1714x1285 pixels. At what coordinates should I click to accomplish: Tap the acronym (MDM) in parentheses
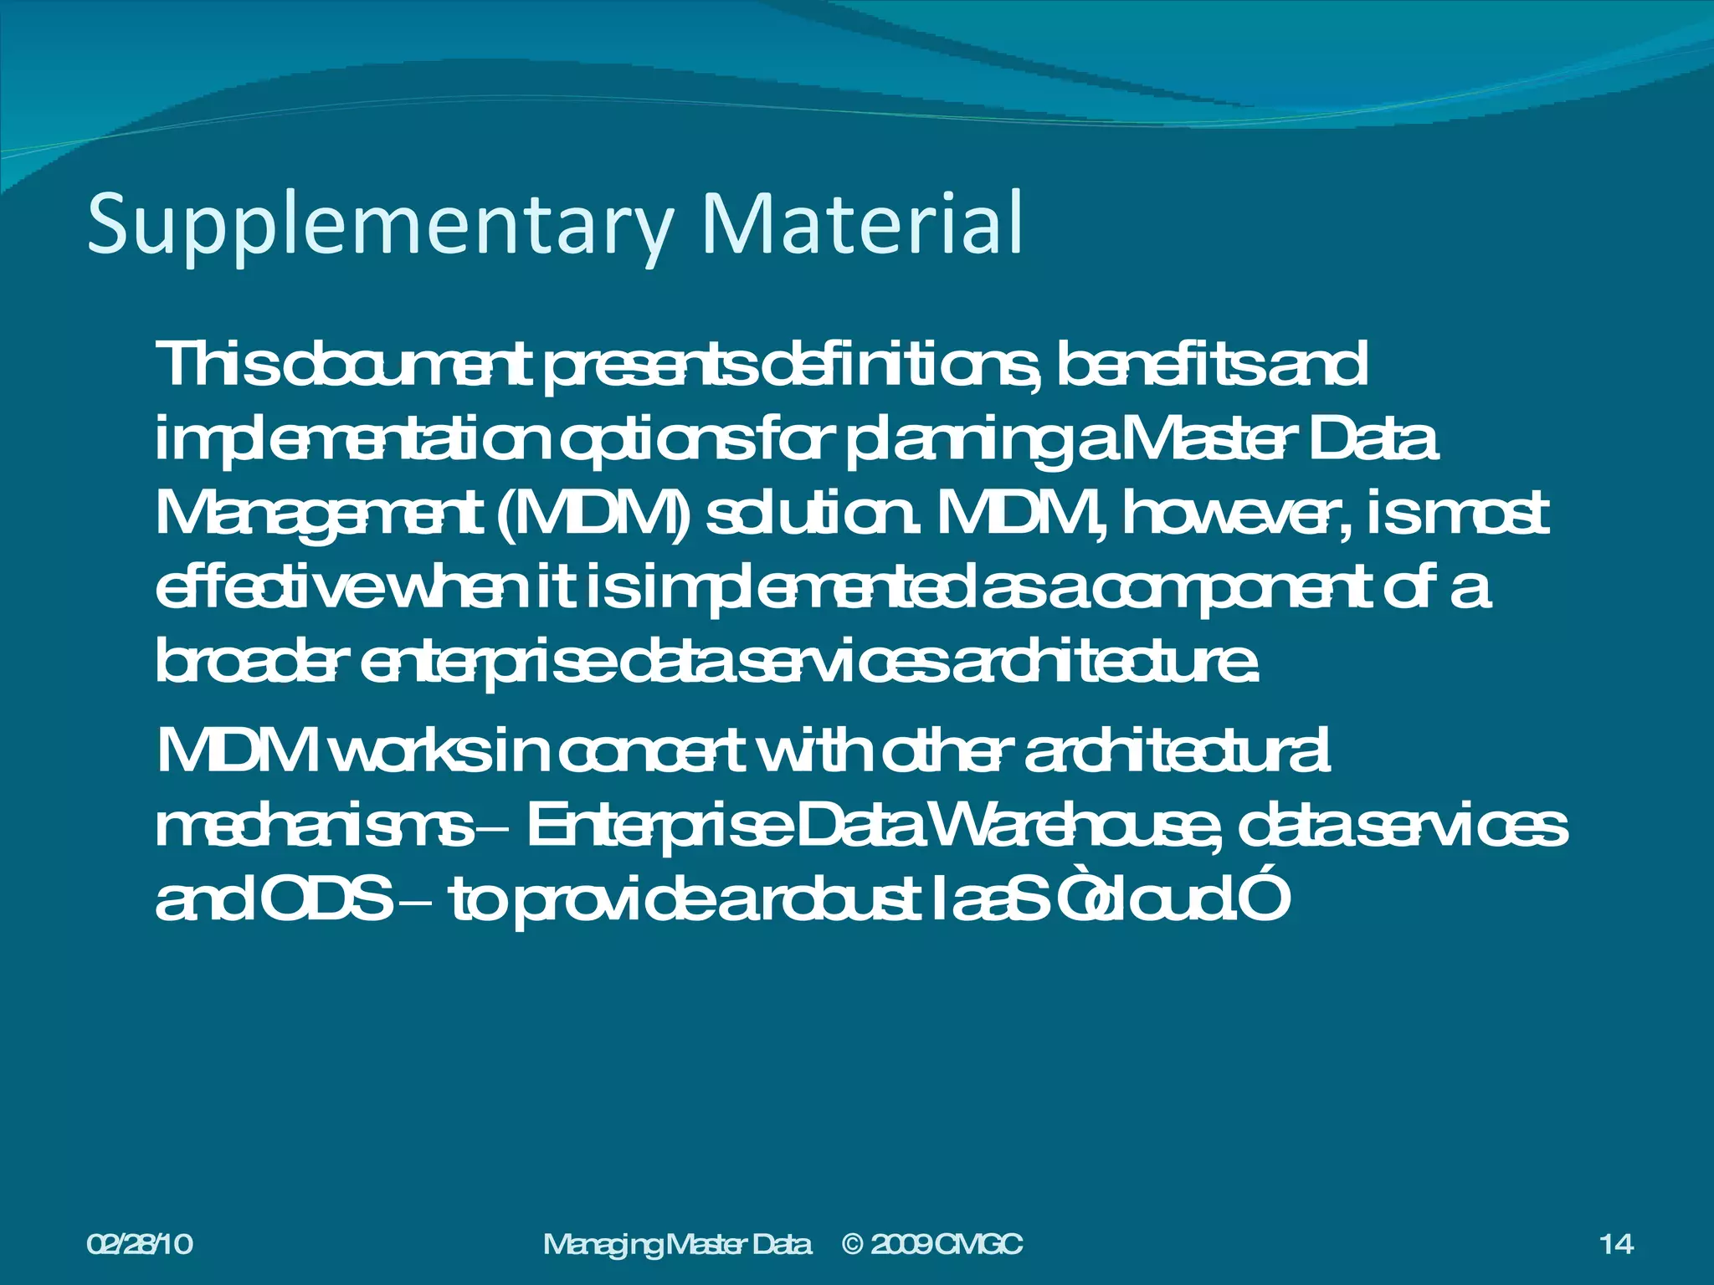tap(593, 515)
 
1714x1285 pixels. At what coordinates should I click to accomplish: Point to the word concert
tap(649, 751)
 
